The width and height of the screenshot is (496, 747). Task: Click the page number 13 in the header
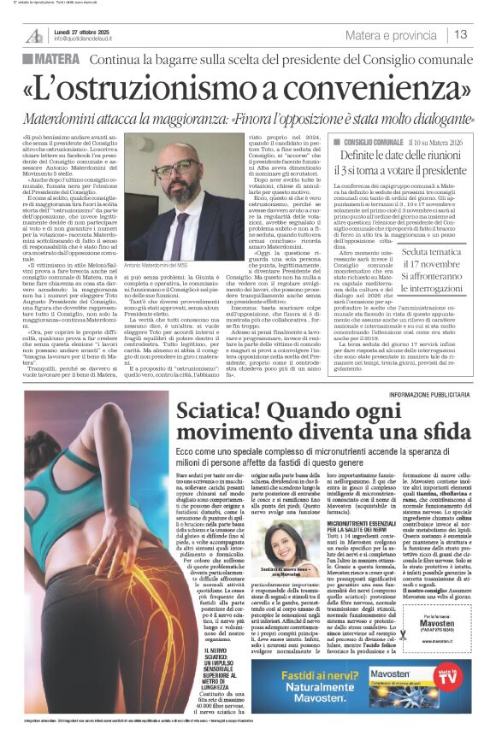pos(461,34)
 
